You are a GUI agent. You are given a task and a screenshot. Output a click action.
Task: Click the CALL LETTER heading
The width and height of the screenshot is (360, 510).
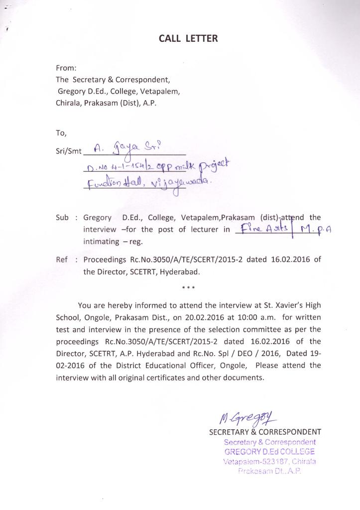[188, 38]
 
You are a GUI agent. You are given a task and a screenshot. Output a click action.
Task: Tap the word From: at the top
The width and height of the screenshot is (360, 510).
[66, 68]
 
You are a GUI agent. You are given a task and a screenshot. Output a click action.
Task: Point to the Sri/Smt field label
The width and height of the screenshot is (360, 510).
[68, 149]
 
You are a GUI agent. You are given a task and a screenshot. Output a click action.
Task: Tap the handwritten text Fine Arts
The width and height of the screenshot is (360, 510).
[263, 230]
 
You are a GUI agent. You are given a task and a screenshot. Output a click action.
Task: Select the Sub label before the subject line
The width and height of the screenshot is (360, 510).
[62, 218]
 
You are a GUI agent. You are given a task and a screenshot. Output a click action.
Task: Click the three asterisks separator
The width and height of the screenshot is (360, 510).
[189, 287]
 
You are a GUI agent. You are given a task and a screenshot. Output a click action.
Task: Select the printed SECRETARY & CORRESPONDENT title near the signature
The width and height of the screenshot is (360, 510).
[265, 432]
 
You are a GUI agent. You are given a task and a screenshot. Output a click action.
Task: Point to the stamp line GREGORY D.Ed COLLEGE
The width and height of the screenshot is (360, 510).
[269, 452]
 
